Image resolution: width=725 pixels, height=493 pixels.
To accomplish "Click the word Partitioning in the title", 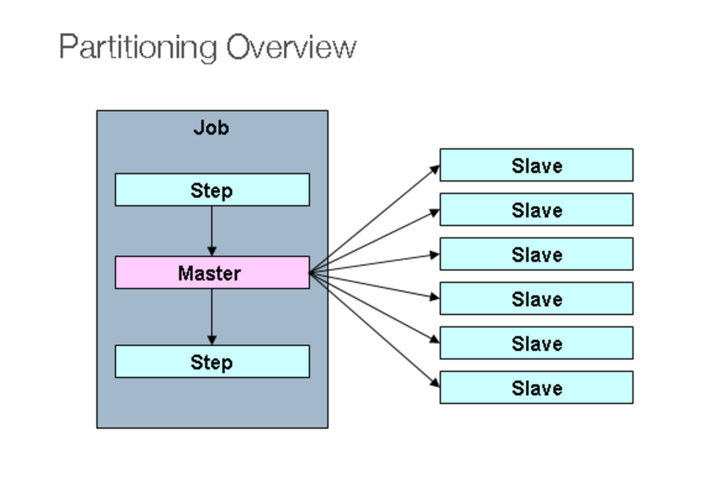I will (138, 48).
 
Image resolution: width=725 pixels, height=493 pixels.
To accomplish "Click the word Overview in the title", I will (291, 48).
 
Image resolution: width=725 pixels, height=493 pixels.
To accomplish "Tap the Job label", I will (211, 127).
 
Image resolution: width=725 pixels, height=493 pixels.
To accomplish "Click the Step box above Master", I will (212, 190).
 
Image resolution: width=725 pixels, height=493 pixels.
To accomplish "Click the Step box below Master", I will (212, 361).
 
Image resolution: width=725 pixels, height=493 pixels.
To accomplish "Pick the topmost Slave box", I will (536, 165).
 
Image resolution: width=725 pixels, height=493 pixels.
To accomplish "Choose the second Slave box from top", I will (536, 209).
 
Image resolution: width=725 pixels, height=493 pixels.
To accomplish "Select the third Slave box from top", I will (536, 254).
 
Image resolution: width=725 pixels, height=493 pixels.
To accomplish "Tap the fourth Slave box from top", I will (536, 298).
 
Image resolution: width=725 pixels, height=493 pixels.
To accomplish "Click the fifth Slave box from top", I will (536, 343).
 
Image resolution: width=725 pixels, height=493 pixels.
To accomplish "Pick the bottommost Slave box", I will (536, 387).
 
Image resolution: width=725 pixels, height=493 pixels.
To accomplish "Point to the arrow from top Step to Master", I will (212, 229).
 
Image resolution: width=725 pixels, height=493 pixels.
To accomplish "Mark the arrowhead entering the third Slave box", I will (435, 255).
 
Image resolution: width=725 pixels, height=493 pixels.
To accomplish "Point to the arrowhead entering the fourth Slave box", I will (435, 297).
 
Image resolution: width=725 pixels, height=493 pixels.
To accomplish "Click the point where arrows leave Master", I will (311, 272).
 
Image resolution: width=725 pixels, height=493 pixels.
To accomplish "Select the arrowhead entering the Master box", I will (212, 251).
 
